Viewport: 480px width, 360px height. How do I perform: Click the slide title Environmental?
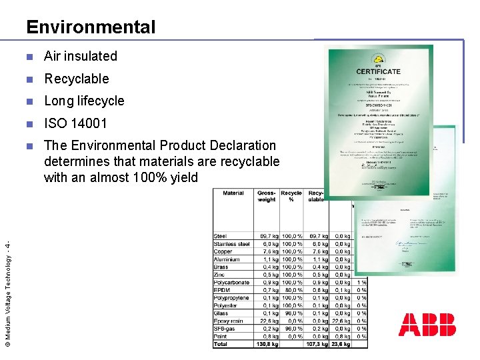[91, 27]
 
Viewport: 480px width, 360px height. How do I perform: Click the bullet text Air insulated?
[81, 56]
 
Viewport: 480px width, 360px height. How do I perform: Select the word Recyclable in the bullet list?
[77, 79]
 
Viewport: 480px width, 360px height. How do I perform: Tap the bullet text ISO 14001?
[75, 123]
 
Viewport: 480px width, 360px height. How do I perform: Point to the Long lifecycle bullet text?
[84, 101]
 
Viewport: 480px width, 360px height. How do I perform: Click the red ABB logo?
[427, 324]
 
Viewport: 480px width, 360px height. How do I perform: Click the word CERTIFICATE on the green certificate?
[378, 71]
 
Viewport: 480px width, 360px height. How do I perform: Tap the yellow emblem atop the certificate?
[378, 57]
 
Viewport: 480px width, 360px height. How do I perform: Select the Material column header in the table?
[233, 193]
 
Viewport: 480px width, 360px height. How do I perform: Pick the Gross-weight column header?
[267, 196]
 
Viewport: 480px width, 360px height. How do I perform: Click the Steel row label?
[221, 236]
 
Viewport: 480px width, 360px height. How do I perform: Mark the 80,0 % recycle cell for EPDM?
[292, 290]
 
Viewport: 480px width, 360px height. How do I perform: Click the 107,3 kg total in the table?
[317, 344]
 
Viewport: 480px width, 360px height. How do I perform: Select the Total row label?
[221, 344]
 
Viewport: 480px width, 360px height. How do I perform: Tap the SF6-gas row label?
[225, 329]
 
